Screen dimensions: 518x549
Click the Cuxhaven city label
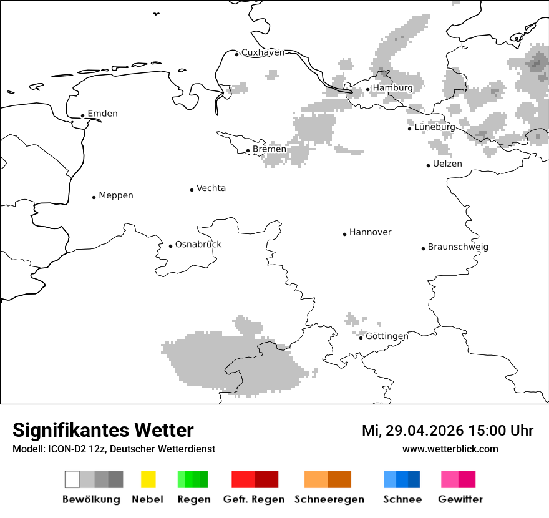[263, 52]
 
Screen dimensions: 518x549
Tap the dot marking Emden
[82, 115]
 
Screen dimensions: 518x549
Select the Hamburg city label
[392, 88]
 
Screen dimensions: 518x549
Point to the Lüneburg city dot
[410, 129]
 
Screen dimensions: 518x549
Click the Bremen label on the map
[270, 149]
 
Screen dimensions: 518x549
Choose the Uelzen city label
[447, 164]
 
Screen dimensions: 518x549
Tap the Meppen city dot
[94, 197]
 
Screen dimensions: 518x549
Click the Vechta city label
[211, 188]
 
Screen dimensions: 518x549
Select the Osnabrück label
[198, 245]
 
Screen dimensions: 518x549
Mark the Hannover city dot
[344, 234]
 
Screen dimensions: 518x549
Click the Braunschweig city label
[458, 247]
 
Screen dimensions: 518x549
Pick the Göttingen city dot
[361, 338]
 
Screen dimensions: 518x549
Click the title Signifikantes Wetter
[103, 431]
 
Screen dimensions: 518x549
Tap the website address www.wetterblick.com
[450, 449]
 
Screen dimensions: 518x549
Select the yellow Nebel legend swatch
[148, 479]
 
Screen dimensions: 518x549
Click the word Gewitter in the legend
[460, 499]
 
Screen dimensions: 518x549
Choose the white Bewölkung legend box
[72, 479]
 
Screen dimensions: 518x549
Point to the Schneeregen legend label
[329, 499]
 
